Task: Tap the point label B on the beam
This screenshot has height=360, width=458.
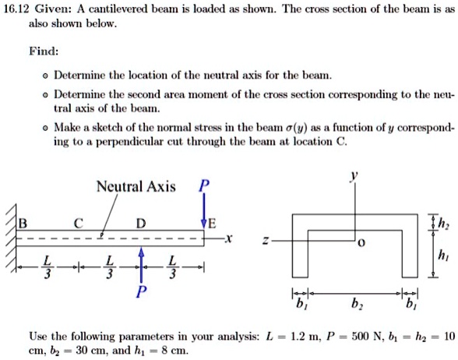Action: coord(22,221)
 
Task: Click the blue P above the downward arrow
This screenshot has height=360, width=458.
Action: coord(204,186)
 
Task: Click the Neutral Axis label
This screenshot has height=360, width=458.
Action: coord(136,187)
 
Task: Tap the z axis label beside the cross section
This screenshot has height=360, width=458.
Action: coord(267,242)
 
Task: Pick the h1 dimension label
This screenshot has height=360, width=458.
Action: coord(445,256)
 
